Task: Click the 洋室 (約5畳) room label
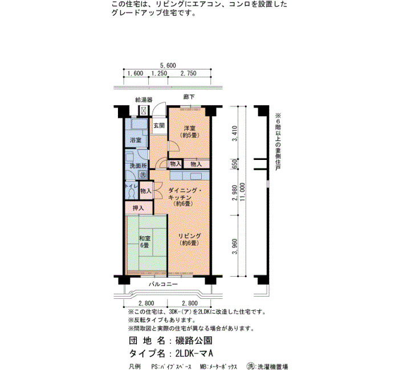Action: tap(190, 132)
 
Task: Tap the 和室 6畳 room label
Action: tap(144, 242)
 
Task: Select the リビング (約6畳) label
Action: tap(190, 240)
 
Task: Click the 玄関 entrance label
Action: tap(159, 126)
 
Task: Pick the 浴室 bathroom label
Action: tap(136, 140)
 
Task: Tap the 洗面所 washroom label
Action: tap(139, 166)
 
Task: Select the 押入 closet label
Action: tap(138, 208)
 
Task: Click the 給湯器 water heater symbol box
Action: tap(144, 110)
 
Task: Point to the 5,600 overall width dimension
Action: tap(168, 65)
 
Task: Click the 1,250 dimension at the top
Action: tap(159, 73)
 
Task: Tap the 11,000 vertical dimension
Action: tap(242, 192)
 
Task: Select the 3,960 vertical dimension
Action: tap(235, 246)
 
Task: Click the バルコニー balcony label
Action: tap(163, 285)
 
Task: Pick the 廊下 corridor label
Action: tap(189, 97)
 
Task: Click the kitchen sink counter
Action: tap(190, 175)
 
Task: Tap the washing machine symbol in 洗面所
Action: tap(142, 175)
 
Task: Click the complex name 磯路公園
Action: tap(194, 340)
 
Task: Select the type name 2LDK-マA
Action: tap(194, 353)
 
